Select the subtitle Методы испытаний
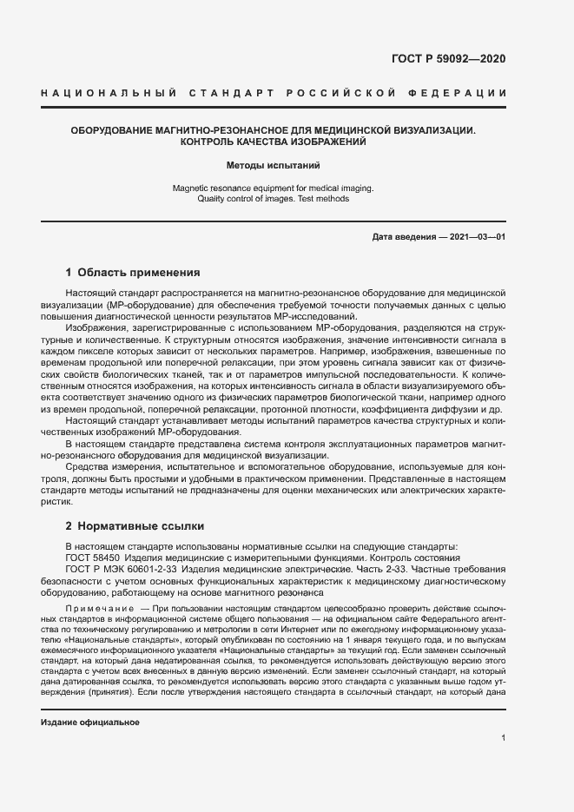tap(274, 163)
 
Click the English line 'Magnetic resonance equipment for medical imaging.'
tap(274, 188)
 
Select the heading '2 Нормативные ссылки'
tap(135, 526)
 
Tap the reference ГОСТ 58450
tap(92, 558)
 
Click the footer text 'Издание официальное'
tap(90, 722)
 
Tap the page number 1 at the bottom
tap(504, 738)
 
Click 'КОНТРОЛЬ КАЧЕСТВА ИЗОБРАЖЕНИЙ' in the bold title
tap(274, 141)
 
